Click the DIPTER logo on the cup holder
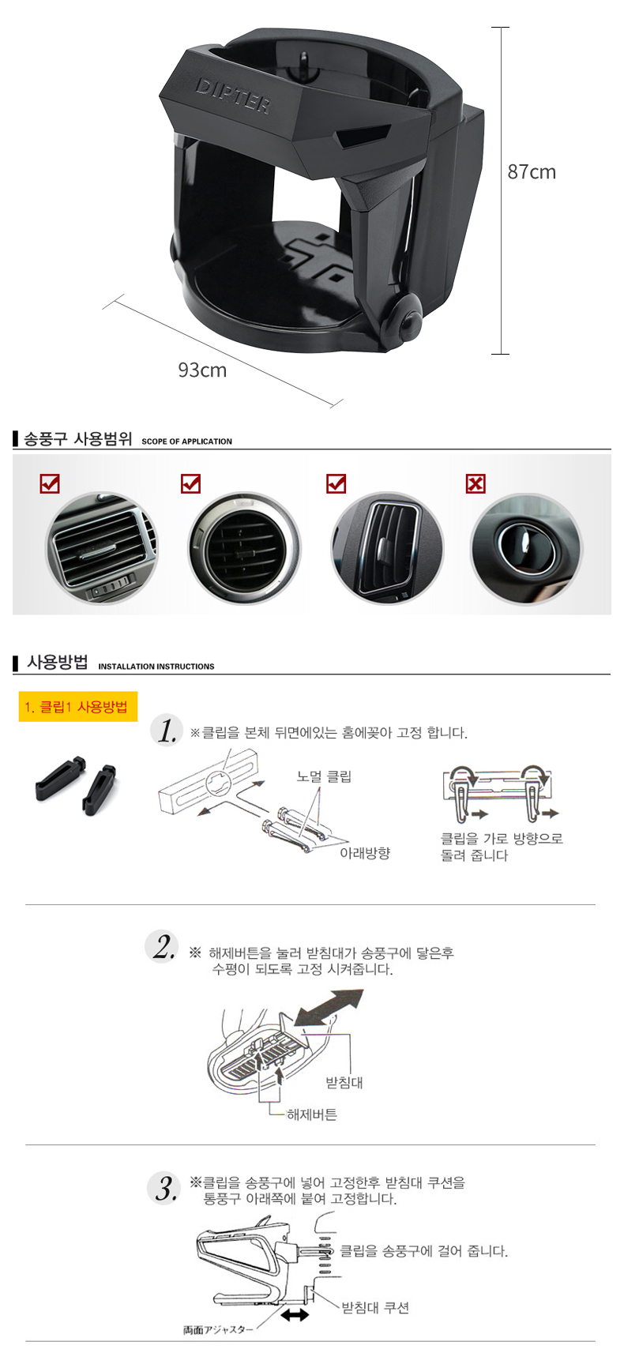[x=233, y=96]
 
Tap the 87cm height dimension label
[x=532, y=172]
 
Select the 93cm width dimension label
[x=202, y=370]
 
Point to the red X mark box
[x=476, y=483]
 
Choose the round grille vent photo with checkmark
[x=244, y=548]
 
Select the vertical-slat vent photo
[x=387, y=548]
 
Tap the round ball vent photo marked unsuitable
[x=526, y=548]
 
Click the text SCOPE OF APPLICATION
[x=187, y=442]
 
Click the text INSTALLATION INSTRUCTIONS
[x=156, y=667]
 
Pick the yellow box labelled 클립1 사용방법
[x=78, y=707]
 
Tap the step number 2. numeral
[x=164, y=947]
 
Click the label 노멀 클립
[x=324, y=776]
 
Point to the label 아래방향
[x=365, y=853]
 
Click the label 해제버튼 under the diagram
[x=312, y=1114]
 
